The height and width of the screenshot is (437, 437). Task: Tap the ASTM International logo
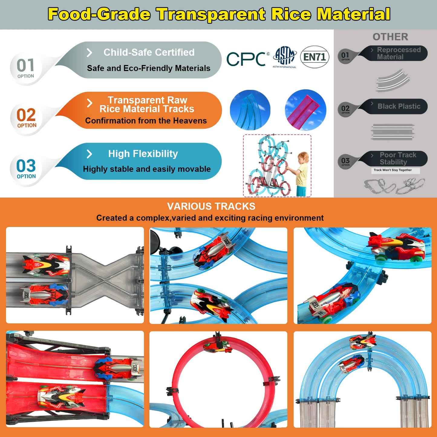click(285, 57)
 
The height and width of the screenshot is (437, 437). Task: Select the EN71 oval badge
click(315, 57)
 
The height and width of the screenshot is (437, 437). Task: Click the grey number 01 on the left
click(25, 65)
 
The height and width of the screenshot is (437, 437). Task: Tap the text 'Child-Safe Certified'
click(149, 52)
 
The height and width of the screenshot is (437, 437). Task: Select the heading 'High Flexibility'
click(143, 154)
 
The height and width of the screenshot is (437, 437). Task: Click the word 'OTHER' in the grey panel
click(390, 37)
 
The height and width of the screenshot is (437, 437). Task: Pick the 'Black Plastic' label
click(399, 106)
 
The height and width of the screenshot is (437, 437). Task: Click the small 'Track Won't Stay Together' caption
click(393, 170)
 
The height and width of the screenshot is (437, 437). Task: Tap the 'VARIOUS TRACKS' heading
click(211, 206)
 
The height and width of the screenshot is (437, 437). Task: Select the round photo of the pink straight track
click(305, 110)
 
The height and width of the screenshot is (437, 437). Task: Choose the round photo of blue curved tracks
click(250, 110)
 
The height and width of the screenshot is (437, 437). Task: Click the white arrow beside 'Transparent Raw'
click(90, 103)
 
